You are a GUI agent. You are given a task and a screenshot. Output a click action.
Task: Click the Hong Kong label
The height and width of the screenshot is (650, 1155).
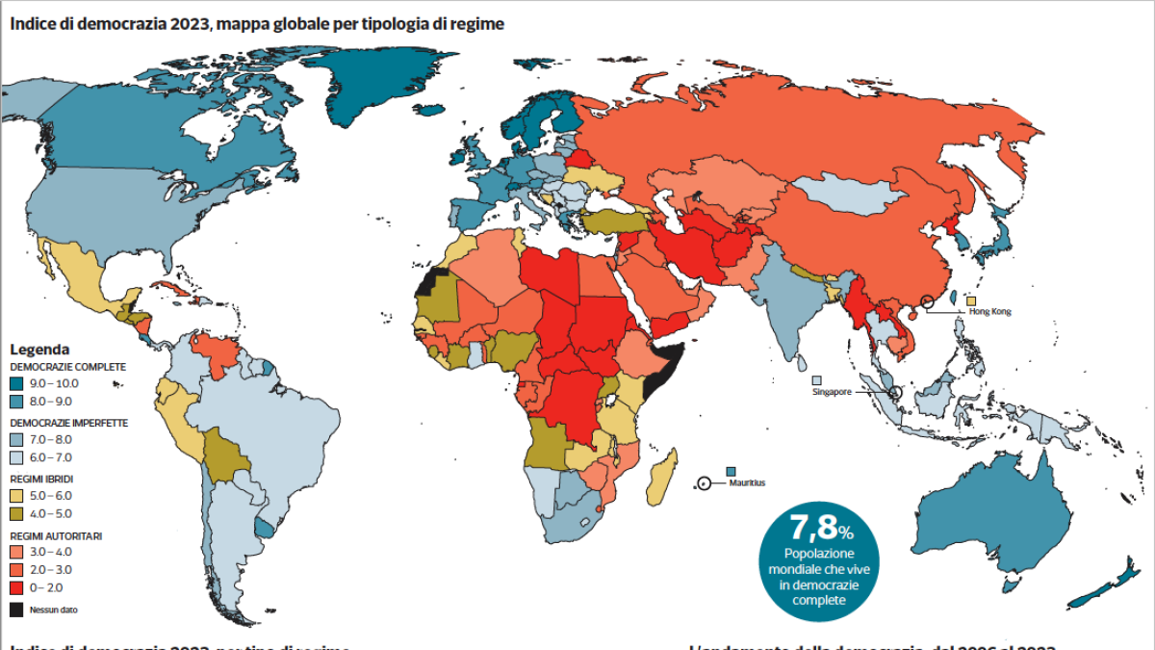pos(989,311)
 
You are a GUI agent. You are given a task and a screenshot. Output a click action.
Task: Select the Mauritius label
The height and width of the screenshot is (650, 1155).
pos(747,482)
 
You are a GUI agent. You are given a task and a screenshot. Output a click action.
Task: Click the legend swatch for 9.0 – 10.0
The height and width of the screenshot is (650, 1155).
pos(16,383)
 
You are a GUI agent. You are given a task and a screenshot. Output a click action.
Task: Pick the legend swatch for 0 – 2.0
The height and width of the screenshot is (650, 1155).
pos(16,586)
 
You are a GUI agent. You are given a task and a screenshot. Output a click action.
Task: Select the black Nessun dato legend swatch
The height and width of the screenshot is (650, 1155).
pos(16,610)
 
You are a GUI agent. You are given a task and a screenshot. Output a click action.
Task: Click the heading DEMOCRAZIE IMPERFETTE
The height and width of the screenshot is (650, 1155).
pos(68,423)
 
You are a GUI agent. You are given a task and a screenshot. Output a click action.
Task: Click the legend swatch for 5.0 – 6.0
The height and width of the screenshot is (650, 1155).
pos(16,495)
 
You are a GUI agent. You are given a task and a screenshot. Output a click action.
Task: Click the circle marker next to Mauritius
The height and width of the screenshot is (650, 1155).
pos(705,482)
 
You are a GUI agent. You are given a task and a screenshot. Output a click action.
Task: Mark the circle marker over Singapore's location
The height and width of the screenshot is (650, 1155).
pos(895,393)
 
